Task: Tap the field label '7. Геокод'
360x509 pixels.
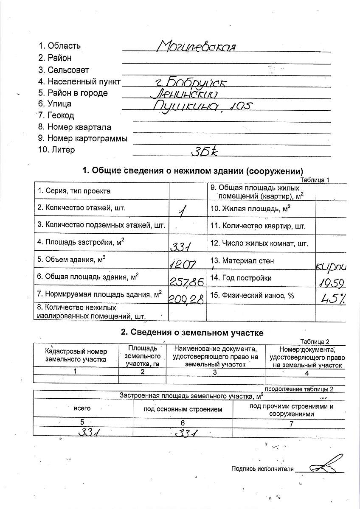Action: click(x=56, y=115)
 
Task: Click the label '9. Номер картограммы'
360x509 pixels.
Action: click(x=82, y=138)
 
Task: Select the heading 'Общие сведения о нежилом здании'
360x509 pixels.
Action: click(x=192, y=171)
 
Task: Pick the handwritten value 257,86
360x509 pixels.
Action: click(x=187, y=281)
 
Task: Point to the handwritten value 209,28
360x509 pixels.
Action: click(x=187, y=299)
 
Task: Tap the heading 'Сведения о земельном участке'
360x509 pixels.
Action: click(x=192, y=333)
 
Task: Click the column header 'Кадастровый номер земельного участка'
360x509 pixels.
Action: click(x=76, y=355)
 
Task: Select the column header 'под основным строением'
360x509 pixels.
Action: click(x=183, y=409)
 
